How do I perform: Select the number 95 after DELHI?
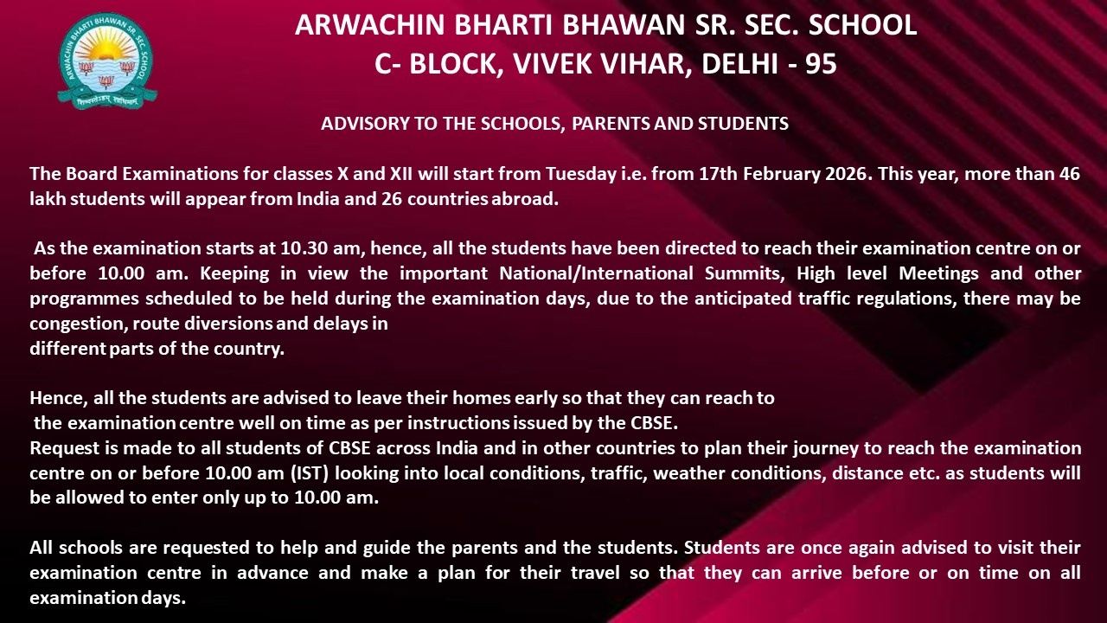tap(821, 64)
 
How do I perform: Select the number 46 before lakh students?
tap(1070, 173)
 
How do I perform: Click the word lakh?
tap(47, 199)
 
